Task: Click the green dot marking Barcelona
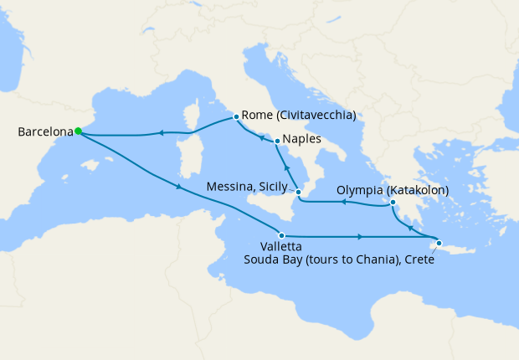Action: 78,131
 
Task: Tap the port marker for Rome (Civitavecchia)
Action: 237,117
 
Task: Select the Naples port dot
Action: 276,141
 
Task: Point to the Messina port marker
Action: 298,193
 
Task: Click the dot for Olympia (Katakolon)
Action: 393,202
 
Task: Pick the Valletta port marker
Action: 282,236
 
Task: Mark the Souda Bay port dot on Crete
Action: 439,243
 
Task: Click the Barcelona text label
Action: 44,131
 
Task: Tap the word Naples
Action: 301,140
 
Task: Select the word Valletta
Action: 264,247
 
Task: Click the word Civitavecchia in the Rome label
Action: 318,116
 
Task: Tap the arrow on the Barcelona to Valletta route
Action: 178,187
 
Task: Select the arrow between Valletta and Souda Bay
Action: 360,237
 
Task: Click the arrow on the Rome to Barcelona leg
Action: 161,132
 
